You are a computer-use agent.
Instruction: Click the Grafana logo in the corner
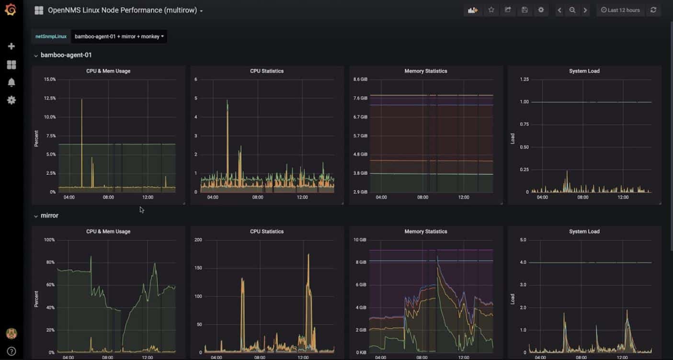pos(11,10)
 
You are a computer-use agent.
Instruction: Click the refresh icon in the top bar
pos(653,10)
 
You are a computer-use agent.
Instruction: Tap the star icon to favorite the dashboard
pos(491,10)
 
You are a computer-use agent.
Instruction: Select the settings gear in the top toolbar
pos(541,10)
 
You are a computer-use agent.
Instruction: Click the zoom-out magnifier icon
pos(572,10)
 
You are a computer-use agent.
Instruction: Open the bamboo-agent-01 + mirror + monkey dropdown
pos(119,36)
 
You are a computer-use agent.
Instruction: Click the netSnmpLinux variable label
pos(51,36)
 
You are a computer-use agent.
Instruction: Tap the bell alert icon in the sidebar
pos(11,82)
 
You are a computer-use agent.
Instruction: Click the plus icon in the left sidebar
pos(11,46)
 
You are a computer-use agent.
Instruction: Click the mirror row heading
pos(49,215)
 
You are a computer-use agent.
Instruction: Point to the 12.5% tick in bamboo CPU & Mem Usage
pos(50,98)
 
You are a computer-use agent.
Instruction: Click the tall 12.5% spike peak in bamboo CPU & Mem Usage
pos(82,100)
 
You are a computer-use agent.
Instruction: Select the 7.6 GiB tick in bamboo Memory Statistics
pos(360,98)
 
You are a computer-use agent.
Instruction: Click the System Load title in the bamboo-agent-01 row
pos(584,71)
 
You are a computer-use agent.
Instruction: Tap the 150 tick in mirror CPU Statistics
pos(198,268)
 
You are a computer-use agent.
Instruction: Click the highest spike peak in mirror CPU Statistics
pos(308,255)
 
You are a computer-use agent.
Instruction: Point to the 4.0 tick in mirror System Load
pos(523,262)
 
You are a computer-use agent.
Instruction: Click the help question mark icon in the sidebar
pos(11,351)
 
